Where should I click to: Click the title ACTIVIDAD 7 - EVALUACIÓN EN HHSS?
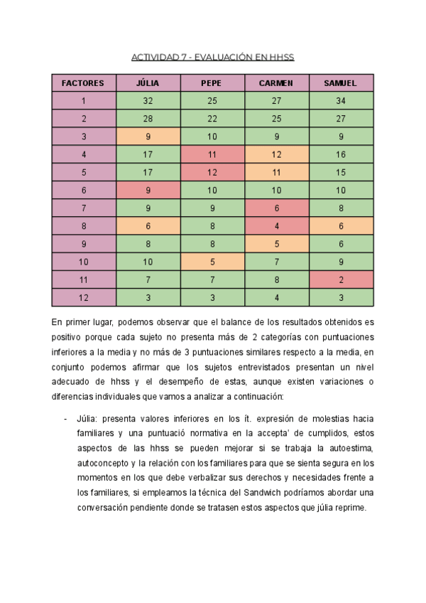(x=213, y=57)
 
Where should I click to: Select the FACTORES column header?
(x=83, y=83)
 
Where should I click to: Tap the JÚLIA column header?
(x=148, y=83)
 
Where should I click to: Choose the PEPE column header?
(x=212, y=83)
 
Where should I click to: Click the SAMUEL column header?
(x=340, y=83)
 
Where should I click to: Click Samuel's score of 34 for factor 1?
(x=340, y=101)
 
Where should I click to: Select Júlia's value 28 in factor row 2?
(x=148, y=119)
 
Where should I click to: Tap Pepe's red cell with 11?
(x=212, y=154)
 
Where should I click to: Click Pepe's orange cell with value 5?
(x=212, y=261)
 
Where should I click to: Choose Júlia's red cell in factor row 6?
(x=148, y=190)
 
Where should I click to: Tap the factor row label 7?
(x=83, y=208)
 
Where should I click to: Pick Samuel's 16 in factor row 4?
(x=340, y=154)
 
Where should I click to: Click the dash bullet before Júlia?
(x=65, y=418)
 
